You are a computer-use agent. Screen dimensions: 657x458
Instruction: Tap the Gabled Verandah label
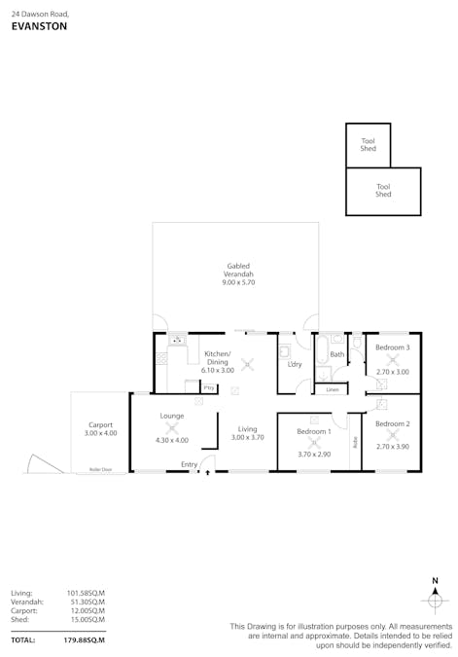pos(237,271)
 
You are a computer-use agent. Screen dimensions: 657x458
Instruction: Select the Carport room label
pos(100,425)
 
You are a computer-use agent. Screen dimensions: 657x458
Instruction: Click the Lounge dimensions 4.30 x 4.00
pos(171,440)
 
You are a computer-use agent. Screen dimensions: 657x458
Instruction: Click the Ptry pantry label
pos(208,387)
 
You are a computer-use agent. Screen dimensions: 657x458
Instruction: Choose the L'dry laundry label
pos(295,364)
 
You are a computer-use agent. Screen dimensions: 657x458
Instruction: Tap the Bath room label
pos(336,354)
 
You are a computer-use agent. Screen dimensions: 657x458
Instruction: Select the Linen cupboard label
pos(332,389)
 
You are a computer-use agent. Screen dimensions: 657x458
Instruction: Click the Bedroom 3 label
pos(393,347)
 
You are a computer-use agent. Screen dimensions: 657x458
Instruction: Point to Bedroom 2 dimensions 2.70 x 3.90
pos(393,446)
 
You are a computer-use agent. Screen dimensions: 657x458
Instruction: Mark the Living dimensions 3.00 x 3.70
pos(248,438)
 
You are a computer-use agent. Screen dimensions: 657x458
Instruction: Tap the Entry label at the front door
pos(189,464)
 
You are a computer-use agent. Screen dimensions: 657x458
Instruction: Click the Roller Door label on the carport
pos(101,469)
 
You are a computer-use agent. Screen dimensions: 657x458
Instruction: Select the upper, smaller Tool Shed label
pos(369,145)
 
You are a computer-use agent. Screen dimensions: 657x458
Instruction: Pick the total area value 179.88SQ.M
pos(84,639)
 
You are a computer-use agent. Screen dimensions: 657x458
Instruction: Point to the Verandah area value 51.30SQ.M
pos(85,601)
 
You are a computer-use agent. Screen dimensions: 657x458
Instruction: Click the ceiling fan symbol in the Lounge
pos(171,426)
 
